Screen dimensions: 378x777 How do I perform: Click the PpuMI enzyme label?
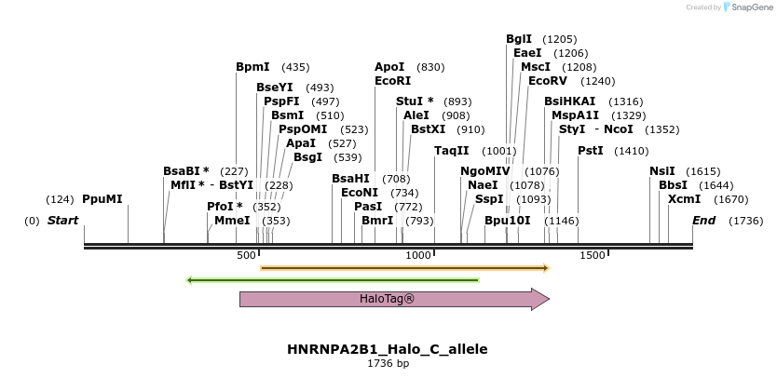[x=102, y=199]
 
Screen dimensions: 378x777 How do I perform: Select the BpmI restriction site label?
[x=252, y=67]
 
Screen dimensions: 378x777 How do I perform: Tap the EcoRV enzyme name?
[x=547, y=81]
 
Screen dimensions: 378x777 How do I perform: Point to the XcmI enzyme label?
[x=684, y=199]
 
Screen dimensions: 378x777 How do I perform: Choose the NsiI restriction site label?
[x=662, y=171]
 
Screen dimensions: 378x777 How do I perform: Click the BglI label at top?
[x=519, y=39]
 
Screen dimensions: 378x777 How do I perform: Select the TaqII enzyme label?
[x=452, y=151]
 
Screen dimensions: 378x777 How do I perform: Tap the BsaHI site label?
[x=350, y=179]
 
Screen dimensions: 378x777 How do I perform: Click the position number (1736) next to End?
[x=746, y=221]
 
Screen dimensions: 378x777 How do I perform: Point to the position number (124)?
[x=60, y=199]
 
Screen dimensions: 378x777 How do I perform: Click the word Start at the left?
[x=62, y=221]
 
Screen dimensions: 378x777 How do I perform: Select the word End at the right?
[x=704, y=221]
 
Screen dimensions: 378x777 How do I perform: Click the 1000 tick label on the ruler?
[x=418, y=255]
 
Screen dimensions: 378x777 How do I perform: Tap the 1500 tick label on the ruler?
[x=592, y=255]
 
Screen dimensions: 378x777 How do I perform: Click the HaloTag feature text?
[x=387, y=299]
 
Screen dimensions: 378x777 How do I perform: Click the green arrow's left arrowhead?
[x=190, y=279]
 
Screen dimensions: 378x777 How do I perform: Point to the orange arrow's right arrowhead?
[x=546, y=268]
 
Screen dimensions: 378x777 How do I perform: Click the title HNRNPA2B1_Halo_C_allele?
[x=388, y=349]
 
